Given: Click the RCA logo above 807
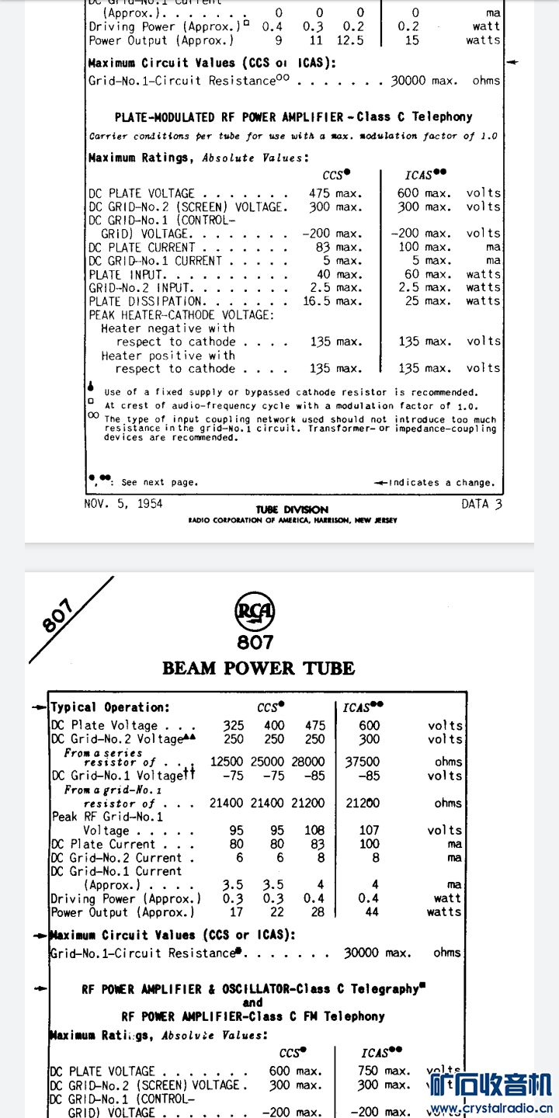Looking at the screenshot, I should point(255,613).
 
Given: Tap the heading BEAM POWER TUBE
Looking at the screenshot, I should point(259,668).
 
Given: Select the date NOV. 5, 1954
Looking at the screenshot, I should point(123,504).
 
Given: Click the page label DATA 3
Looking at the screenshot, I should point(481,504).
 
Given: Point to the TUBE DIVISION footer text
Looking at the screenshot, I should point(292,509).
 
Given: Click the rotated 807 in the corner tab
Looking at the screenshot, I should point(58,616).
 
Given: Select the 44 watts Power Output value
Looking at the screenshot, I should point(372,912).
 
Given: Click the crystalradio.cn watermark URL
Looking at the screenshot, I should point(491,1108).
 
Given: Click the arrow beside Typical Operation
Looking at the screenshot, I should point(39,707).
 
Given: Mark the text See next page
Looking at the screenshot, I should point(158,482).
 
